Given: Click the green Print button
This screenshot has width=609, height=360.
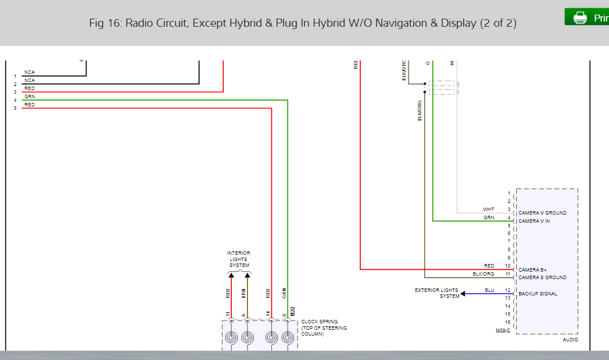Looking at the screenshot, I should (x=587, y=17).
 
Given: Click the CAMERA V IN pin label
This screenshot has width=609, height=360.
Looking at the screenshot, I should (x=534, y=221).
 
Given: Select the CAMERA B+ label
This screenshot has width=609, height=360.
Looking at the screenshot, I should (x=532, y=270).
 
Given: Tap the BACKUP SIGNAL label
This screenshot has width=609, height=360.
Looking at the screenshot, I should (x=538, y=294).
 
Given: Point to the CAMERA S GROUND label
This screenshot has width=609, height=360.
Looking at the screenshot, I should (x=542, y=277).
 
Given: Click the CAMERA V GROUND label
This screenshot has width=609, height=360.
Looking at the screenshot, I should (x=542, y=213).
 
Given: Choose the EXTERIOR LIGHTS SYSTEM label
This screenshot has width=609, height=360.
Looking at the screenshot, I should (x=436, y=293).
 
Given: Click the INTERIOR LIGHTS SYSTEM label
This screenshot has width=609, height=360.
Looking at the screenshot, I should (x=239, y=259).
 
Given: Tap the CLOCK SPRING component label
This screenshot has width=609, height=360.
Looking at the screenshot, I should (x=324, y=328).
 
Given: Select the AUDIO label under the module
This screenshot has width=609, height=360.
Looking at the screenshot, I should (x=570, y=340).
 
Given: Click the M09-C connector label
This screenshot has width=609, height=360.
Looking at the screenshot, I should (x=503, y=330).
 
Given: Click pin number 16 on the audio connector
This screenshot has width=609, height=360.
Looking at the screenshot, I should (x=507, y=322).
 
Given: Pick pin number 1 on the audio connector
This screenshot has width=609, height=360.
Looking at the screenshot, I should (x=508, y=193).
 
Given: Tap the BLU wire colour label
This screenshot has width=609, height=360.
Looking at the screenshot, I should (x=489, y=290).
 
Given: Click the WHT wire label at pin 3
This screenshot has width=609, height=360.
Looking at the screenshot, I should (x=488, y=209).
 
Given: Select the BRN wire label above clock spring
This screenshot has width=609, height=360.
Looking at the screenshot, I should (x=244, y=293).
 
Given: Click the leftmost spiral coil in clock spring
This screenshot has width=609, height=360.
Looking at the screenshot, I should (x=231, y=337).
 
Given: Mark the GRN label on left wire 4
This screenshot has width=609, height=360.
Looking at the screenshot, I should (x=29, y=97).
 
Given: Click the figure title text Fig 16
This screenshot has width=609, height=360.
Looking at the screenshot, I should (x=303, y=23).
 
